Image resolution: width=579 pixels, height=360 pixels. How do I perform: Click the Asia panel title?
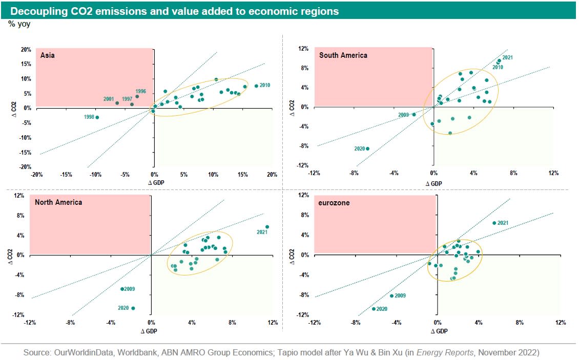48,55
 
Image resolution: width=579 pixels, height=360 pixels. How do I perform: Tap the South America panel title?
343,55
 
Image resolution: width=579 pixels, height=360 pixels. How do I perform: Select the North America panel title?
58,202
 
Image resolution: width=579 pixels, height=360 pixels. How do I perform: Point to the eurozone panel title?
334,203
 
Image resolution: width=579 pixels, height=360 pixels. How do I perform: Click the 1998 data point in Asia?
97,117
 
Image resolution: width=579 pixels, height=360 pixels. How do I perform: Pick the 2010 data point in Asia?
256,86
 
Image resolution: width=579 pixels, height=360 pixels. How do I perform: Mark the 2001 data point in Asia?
117,103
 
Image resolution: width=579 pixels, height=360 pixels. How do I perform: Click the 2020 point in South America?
367,149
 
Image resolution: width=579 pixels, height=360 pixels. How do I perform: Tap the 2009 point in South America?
414,114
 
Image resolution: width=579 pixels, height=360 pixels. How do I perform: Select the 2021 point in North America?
267,227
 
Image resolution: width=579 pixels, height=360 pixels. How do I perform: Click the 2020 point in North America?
133,308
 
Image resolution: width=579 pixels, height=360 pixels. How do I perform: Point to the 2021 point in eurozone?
494,223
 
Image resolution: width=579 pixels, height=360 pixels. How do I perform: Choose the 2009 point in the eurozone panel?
392,296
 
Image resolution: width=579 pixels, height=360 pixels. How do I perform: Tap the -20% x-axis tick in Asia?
36,175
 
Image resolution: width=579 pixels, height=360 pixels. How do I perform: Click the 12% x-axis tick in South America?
553,173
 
